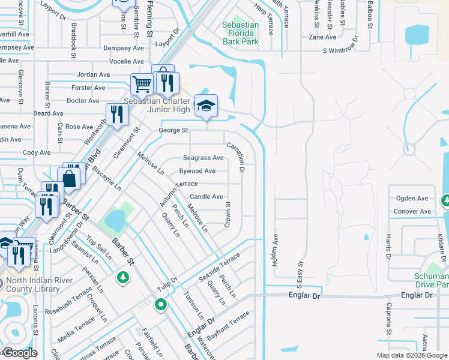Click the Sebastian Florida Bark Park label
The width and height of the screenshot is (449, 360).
click(x=240, y=34)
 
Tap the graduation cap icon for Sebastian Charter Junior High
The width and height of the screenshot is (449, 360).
click(x=206, y=106)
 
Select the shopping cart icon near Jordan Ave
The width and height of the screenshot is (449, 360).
click(x=142, y=83)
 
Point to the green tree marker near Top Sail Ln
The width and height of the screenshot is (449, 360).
click(x=122, y=277)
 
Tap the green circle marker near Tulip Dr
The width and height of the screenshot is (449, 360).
click(x=160, y=305)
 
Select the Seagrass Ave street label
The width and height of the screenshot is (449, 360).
click(x=203, y=158)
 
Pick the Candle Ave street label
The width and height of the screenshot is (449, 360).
click(x=206, y=197)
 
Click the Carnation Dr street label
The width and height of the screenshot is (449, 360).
click(x=235, y=158)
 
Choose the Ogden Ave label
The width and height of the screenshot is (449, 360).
click(x=411, y=199)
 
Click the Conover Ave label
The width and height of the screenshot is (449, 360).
click(x=412, y=212)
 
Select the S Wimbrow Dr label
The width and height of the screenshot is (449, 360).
click(x=341, y=52)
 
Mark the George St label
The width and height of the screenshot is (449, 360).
click(x=173, y=130)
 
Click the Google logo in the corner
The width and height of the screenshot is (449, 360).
click(x=20, y=353)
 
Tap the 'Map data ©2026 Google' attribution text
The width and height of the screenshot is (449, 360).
click(x=412, y=355)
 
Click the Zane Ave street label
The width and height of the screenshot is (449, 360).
click(x=318, y=37)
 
